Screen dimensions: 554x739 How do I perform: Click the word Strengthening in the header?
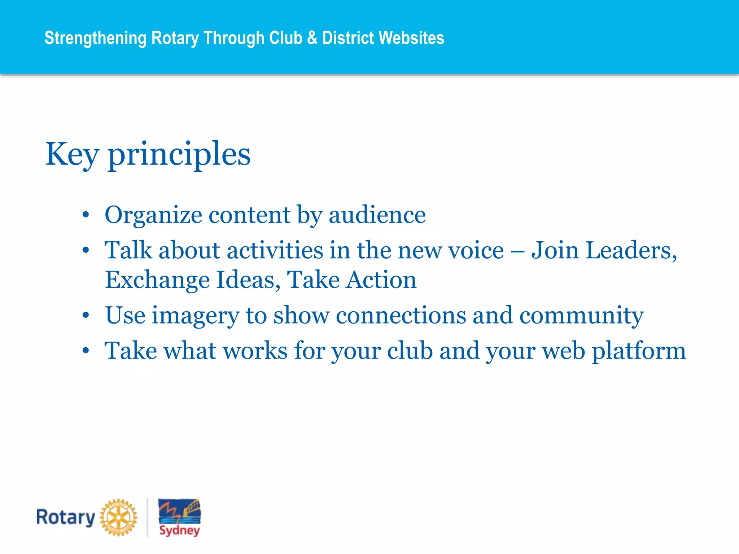click(x=95, y=38)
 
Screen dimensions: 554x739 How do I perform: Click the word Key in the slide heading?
click(x=71, y=154)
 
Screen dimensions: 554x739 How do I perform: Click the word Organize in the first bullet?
click(x=153, y=215)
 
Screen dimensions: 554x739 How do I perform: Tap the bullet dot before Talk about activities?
click(x=86, y=250)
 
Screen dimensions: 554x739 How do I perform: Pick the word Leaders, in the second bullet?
click(x=631, y=250)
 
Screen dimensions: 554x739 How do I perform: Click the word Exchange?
click(x=157, y=280)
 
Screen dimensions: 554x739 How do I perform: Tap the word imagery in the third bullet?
click(x=195, y=315)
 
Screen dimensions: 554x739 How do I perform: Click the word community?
click(x=581, y=315)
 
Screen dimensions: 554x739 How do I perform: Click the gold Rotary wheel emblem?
click(x=118, y=518)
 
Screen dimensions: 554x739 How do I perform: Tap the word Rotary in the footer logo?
click(x=66, y=518)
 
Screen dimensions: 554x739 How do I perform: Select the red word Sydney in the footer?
click(x=179, y=530)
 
